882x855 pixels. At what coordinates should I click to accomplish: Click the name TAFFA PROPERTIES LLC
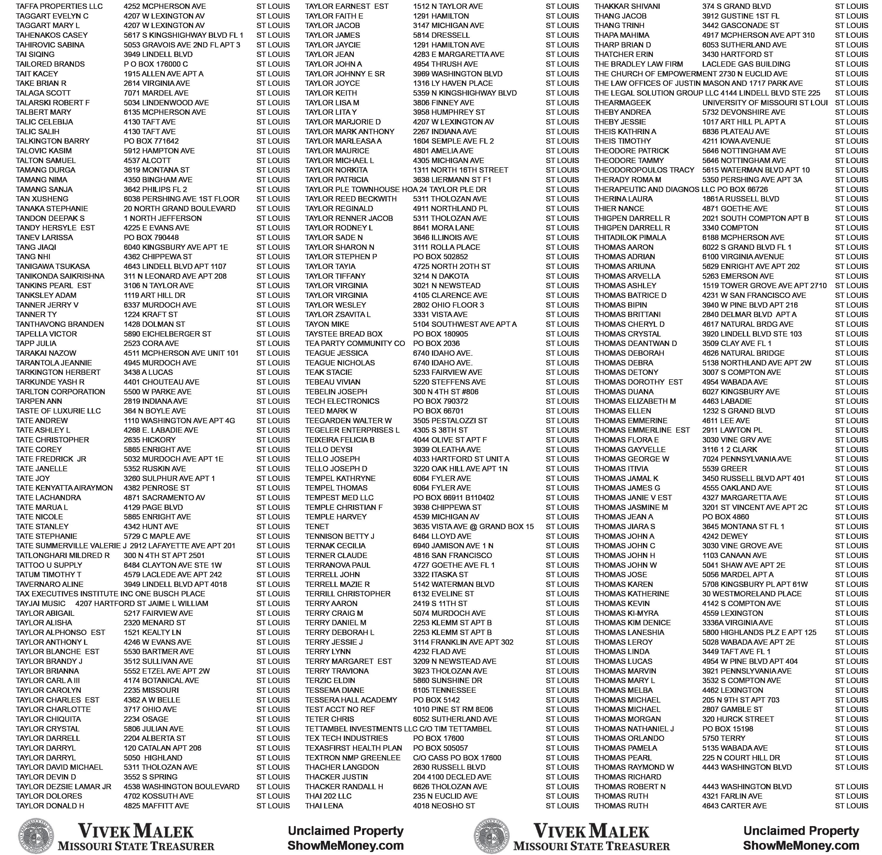pos(59,6)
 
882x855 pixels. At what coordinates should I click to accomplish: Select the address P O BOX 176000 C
pos(156,64)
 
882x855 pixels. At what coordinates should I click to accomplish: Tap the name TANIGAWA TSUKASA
pos(53,266)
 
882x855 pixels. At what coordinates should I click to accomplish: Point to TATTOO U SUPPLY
pos(49,565)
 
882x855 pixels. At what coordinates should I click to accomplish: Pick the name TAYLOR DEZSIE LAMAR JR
pos(63,787)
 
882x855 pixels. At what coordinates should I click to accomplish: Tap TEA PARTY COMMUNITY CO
pos(355,343)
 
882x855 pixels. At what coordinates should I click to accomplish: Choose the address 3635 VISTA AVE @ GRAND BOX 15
pos(473,526)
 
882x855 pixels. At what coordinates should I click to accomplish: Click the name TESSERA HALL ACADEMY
pos(351,700)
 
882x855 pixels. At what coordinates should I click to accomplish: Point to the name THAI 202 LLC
pos(328,796)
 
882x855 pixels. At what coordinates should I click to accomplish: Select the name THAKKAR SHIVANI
pos(627,6)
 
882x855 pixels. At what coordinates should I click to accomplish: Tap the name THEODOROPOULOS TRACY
pos(644,170)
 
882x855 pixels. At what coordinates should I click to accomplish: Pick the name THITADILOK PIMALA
pos(630,238)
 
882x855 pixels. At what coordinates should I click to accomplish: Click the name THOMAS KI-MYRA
pos(626,613)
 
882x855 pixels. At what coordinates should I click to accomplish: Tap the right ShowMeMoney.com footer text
pos(801,846)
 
